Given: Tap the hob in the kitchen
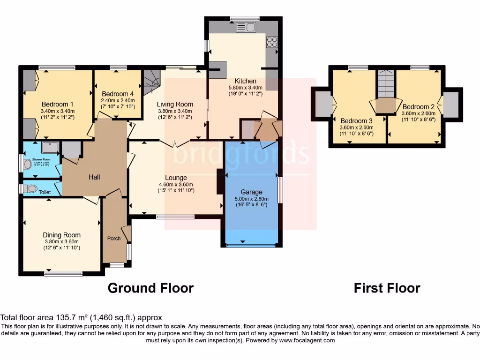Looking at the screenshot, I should tap(272, 42).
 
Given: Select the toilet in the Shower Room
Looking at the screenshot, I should tap(27, 164).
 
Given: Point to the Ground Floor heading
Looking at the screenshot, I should tap(150, 288).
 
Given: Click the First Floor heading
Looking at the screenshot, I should tap(387, 288).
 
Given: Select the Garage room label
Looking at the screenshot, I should tap(252, 192).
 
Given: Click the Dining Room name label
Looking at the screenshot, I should tap(61, 235).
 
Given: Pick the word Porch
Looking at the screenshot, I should tap(114, 238).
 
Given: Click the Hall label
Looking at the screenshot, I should tap(94, 177).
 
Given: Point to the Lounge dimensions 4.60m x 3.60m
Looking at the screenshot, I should tap(176, 184).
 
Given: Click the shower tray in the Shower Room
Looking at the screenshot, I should tap(50, 147).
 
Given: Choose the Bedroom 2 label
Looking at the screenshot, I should tap(415, 107).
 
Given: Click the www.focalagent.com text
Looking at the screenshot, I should tap(307, 340).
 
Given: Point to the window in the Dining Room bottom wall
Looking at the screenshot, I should tap(63, 273).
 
